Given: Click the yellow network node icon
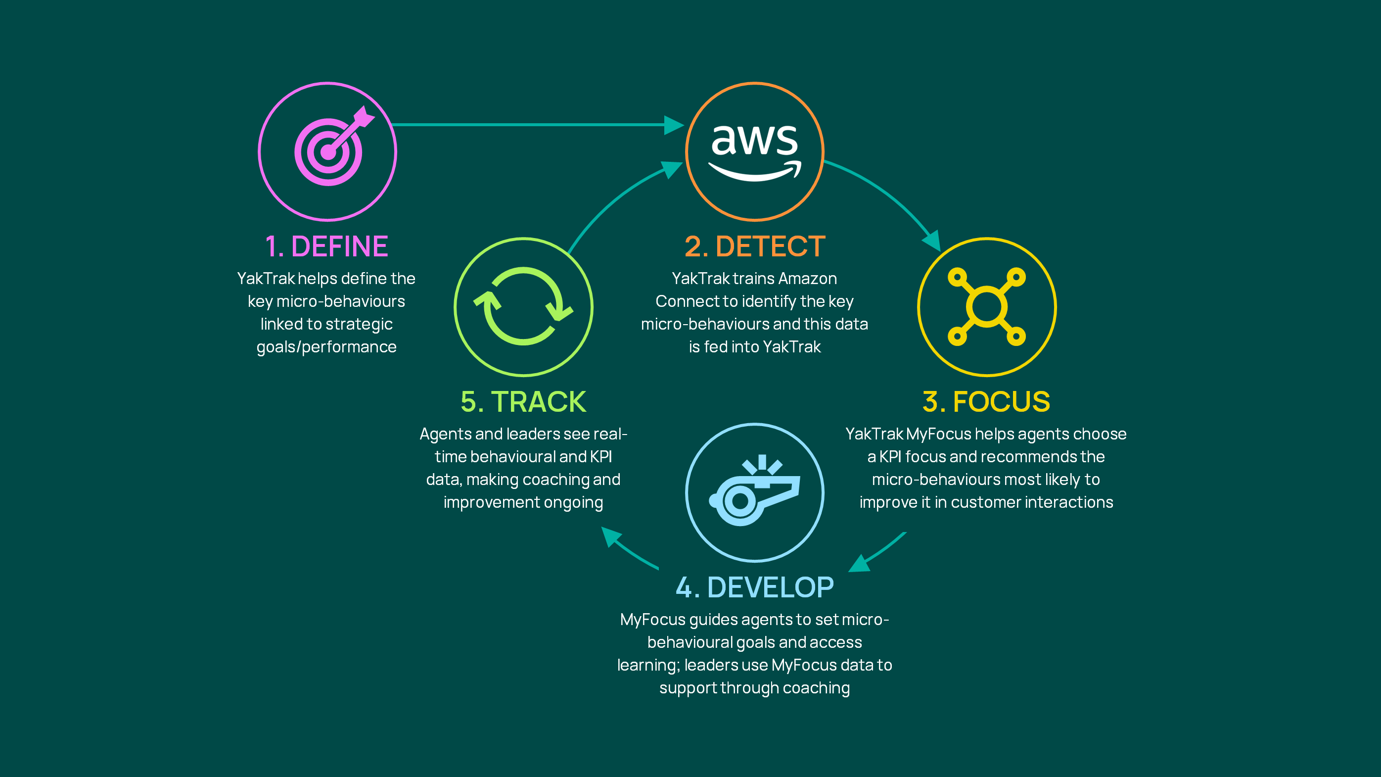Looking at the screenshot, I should tap(986, 307).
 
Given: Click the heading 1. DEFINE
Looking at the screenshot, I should tap(326, 246).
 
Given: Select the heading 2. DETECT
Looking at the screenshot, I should tap(755, 246).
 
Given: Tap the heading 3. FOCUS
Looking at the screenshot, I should tap(986, 402).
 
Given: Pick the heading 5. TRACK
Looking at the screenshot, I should tap(523, 402).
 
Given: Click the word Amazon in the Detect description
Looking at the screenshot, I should tap(807, 278).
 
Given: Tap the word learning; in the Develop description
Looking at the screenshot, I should tap(648, 666).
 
